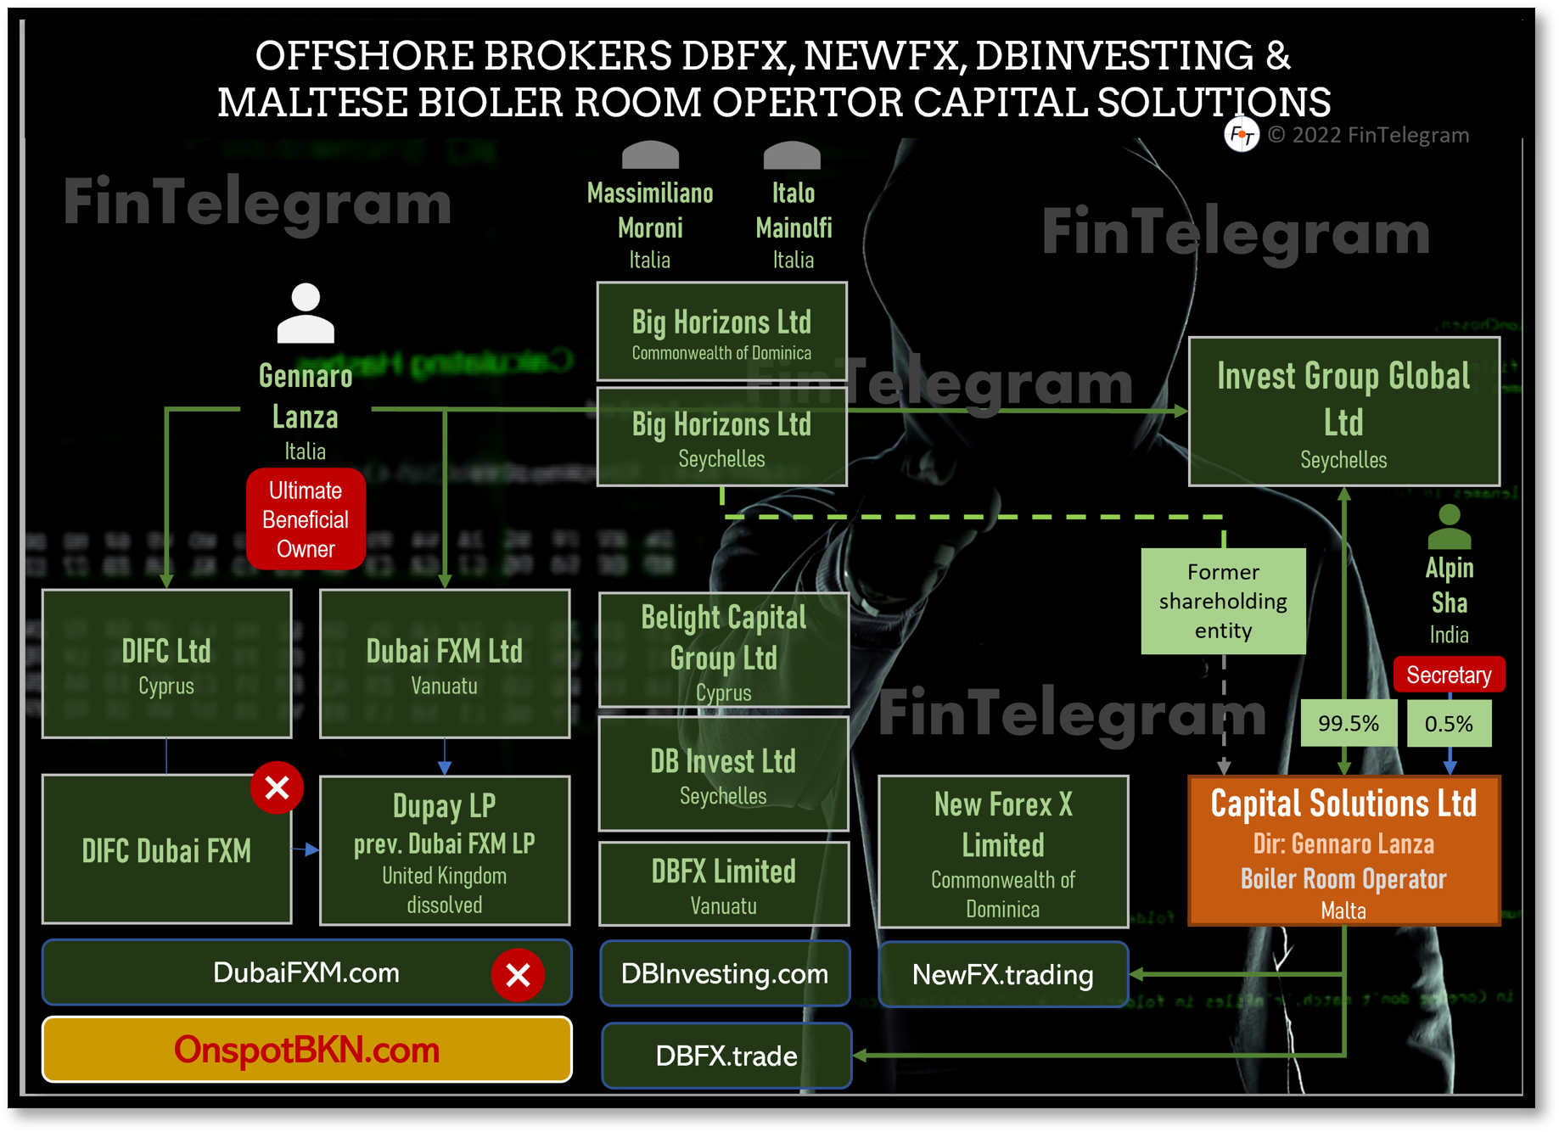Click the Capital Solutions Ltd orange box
[1343, 850]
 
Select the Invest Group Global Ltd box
[1343, 412]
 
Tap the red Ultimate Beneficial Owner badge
[306, 518]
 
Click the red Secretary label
[1449, 675]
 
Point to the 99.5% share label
[1348, 723]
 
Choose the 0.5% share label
[1449, 724]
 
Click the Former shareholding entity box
[1223, 601]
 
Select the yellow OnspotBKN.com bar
[306, 1050]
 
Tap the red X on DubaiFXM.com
[518, 975]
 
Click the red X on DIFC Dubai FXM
[277, 788]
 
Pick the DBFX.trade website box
[726, 1056]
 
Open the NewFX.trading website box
[1003, 975]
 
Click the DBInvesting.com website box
[725, 973]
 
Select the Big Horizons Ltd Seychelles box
[722, 437]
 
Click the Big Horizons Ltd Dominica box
[722, 332]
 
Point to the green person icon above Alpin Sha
[1449, 527]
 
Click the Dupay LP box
[444, 850]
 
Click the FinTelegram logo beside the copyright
[1241, 134]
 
